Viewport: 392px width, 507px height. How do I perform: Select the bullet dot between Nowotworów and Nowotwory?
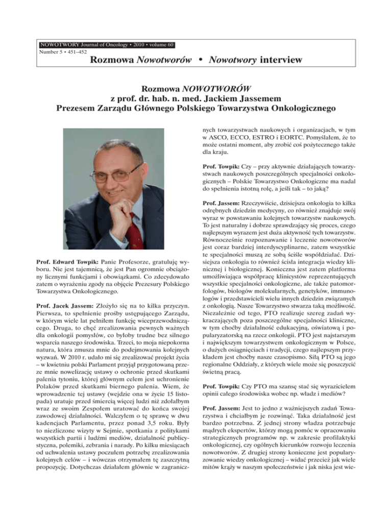pyautogui.click(x=203, y=61)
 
